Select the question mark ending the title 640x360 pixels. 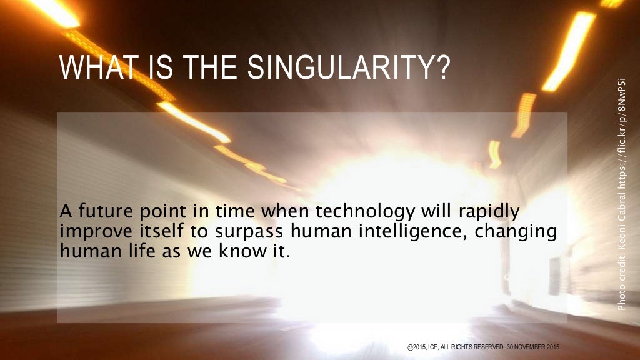pos(442,68)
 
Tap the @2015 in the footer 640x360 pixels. pos(417,346)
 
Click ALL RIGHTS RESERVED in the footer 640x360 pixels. pos(475,346)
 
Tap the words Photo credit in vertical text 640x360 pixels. pos(621,282)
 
